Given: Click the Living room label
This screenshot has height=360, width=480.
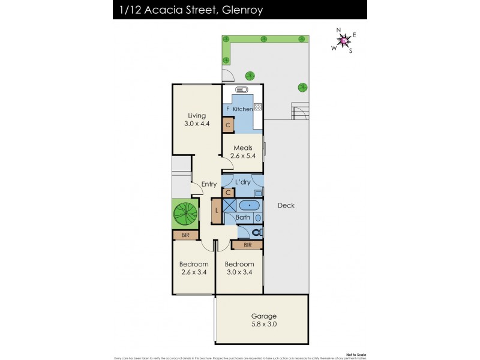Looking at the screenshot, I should (x=197, y=116).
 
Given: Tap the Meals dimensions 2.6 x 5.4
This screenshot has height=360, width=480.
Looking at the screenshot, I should (x=243, y=156).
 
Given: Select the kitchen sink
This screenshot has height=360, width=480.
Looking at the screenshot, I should (x=242, y=90).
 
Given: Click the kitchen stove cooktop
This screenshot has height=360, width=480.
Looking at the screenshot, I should (x=258, y=107).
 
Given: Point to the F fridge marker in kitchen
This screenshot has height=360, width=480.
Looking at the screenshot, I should (x=227, y=109).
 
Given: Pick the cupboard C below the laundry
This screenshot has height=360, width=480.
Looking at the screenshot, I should (x=228, y=193).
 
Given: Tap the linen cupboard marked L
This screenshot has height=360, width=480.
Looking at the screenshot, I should (x=216, y=211).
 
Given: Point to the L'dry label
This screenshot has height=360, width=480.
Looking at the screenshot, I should (x=242, y=182).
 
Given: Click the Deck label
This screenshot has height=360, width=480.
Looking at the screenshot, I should (x=286, y=206).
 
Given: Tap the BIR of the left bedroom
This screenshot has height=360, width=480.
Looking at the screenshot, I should (x=185, y=235).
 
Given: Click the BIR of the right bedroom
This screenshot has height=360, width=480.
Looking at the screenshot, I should (x=248, y=245).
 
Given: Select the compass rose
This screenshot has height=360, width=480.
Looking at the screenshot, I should (x=344, y=40).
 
